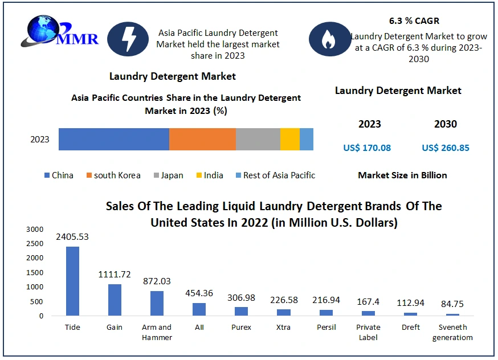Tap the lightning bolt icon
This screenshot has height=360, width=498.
(128, 39)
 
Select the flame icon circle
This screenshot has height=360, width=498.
(330, 39)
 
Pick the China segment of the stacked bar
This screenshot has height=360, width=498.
(113, 140)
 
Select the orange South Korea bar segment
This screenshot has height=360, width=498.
(202, 140)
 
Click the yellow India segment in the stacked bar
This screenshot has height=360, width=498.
(289, 140)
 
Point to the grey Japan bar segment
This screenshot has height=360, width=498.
(258, 140)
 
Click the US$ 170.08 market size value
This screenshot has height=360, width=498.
(367, 148)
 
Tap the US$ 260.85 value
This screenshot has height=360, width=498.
(446, 148)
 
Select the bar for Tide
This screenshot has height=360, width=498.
(73, 281)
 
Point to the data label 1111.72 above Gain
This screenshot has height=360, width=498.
(115, 275)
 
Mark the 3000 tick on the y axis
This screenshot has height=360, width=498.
(34, 229)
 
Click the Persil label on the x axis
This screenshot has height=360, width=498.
(326, 328)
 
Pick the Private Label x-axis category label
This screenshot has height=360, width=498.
(368, 332)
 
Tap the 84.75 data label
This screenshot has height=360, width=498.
(452, 304)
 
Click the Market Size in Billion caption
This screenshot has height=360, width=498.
(402, 175)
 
